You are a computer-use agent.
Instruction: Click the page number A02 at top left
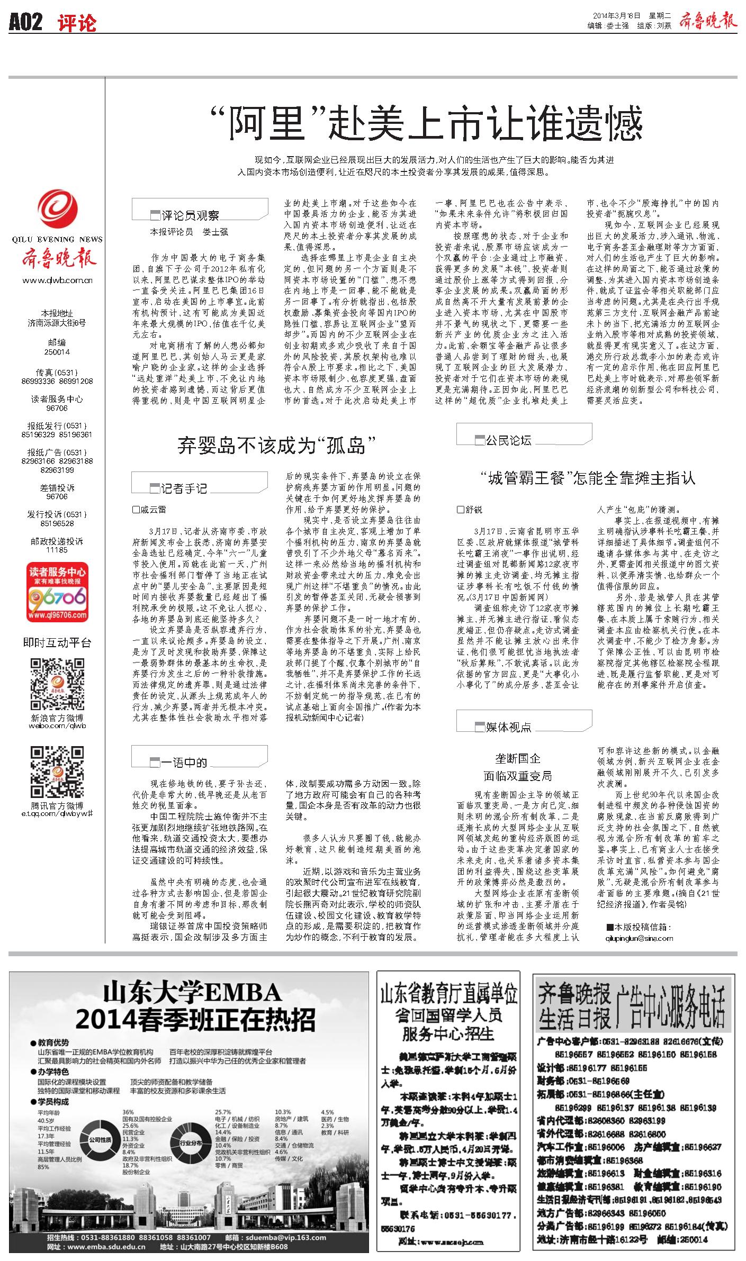click(x=25, y=22)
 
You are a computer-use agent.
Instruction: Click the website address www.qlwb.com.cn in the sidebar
click(x=57, y=281)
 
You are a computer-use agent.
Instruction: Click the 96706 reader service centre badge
click(x=57, y=593)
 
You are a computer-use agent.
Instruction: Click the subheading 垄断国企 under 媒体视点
click(x=517, y=758)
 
